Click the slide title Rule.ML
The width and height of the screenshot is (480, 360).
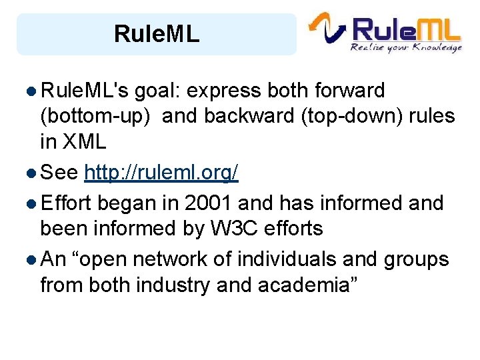click(x=157, y=34)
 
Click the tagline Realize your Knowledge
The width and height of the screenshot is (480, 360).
click(x=406, y=47)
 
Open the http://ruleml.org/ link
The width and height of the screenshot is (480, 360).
click(x=161, y=174)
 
